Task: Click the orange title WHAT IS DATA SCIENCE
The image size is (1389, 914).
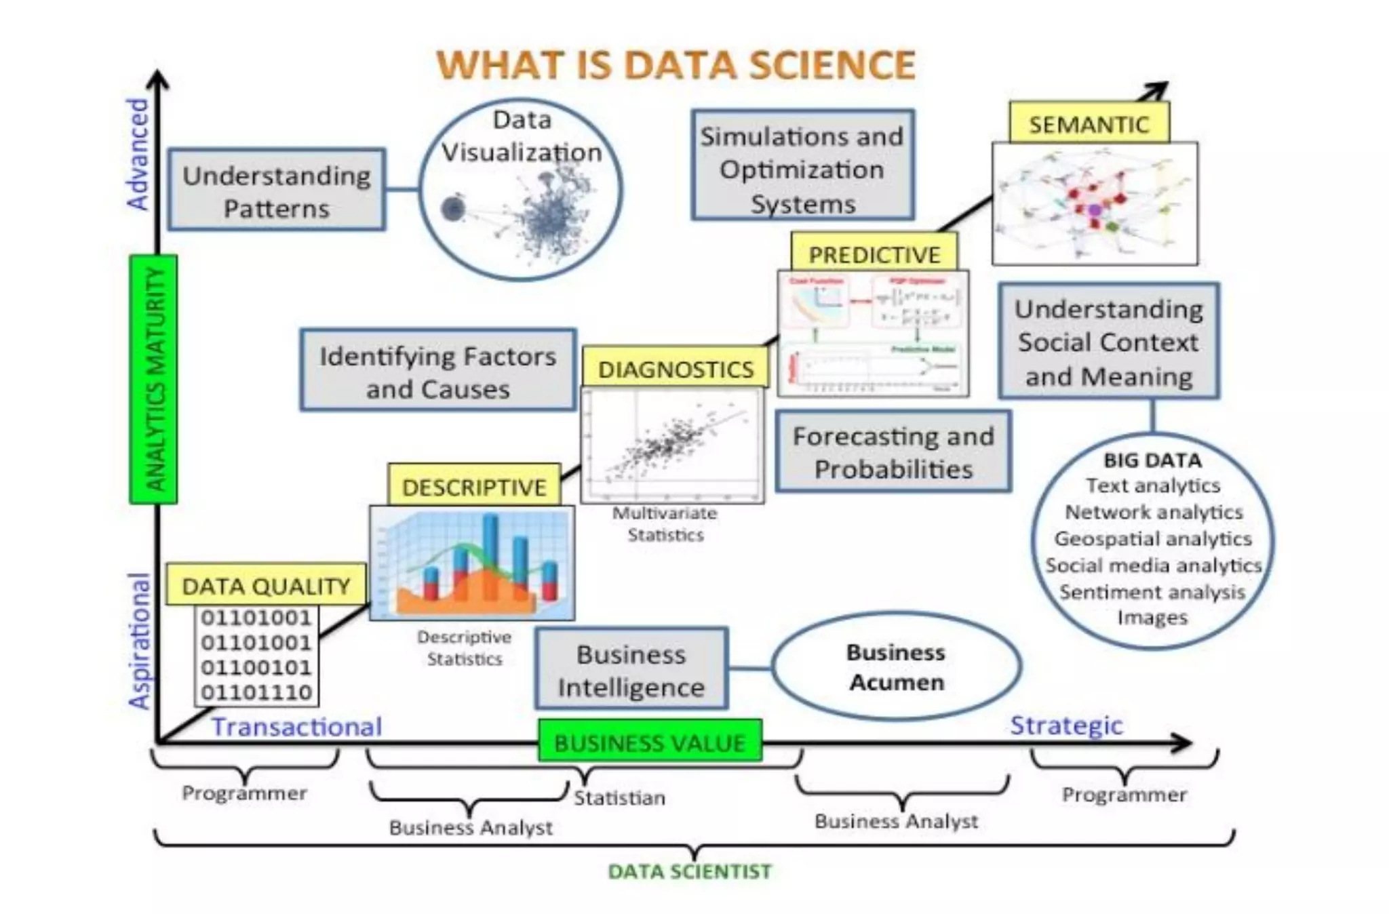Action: [676, 65]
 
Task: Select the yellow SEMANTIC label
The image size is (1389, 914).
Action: [1089, 124]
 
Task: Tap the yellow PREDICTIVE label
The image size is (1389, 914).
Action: [874, 254]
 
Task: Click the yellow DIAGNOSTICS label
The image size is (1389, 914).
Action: [676, 369]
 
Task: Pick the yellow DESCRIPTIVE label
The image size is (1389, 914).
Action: [474, 486]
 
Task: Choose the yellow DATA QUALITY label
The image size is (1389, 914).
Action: [266, 585]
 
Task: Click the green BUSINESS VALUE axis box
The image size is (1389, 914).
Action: [650, 742]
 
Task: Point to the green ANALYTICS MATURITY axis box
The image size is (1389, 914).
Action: [154, 379]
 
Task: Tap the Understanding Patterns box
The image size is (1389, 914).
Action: [277, 191]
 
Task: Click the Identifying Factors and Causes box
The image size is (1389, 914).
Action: [438, 372]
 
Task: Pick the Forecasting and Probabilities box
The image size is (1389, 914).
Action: [893, 452]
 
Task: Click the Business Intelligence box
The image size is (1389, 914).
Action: [631, 670]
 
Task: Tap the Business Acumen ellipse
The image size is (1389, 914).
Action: [896, 667]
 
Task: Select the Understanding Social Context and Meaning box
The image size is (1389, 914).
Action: [1109, 342]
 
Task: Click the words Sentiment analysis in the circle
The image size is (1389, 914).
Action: [1152, 592]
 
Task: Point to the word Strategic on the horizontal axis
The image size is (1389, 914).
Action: [1066, 725]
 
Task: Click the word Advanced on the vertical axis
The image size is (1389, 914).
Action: [138, 154]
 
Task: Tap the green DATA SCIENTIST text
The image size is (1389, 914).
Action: [689, 871]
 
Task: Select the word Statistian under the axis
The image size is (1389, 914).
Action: [619, 797]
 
